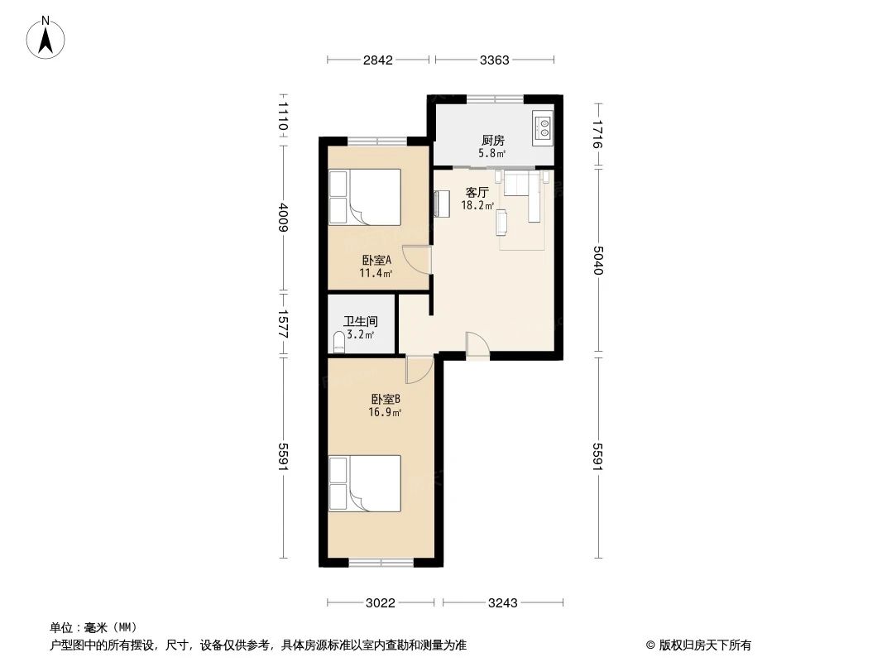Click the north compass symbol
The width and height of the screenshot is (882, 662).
(x=47, y=36)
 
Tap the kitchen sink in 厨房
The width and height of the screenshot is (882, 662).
(x=543, y=126)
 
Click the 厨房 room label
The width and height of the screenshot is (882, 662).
(x=493, y=140)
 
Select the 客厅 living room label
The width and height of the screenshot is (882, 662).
(x=477, y=191)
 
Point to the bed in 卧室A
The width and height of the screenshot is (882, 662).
(x=364, y=197)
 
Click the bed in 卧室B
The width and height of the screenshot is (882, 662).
(x=364, y=482)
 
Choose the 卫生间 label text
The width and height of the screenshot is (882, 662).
(x=360, y=322)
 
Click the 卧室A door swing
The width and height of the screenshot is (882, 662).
(x=419, y=261)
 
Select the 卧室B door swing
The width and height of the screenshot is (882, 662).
(x=419, y=369)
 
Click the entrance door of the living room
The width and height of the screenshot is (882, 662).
(x=477, y=346)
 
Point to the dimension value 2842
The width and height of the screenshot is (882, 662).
(x=377, y=60)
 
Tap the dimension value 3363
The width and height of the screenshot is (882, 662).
(x=495, y=60)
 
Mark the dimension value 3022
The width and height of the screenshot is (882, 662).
(x=381, y=603)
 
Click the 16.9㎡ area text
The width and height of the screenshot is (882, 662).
(x=386, y=412)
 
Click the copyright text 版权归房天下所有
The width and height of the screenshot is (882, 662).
(x=698, y=645)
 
